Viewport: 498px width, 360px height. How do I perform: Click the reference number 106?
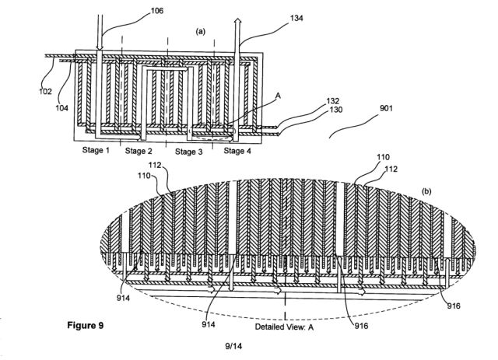click(157, 11)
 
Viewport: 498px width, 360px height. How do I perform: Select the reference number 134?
click(296, 18)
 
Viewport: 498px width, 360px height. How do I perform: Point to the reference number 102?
click(45, 92)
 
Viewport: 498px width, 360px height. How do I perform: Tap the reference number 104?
click(61, 108)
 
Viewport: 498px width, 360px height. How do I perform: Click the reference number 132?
click(333, 101)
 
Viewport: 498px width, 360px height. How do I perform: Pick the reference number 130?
click(336, 110)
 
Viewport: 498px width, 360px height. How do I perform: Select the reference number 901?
click(386, 108)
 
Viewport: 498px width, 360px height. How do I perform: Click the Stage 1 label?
click(96, 150)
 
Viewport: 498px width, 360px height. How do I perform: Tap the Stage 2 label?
click(139, 151)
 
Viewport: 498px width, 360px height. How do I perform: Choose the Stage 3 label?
click(188, 152)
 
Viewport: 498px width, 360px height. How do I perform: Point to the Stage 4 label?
click(237, 151)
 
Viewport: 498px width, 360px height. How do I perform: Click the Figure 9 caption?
click(86, 326)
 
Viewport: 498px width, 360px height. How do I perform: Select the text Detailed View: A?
click(284, 327)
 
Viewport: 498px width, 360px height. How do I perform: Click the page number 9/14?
click(233, 346)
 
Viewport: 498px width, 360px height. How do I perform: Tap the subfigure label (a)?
click(201, 31)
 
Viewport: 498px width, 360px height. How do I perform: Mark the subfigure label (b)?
click(426, 191)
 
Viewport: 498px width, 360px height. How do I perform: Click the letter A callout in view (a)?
click(278, 96)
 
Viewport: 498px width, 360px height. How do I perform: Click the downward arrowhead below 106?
click(100, 47)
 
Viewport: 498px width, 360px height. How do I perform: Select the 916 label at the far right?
click(454, 306)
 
